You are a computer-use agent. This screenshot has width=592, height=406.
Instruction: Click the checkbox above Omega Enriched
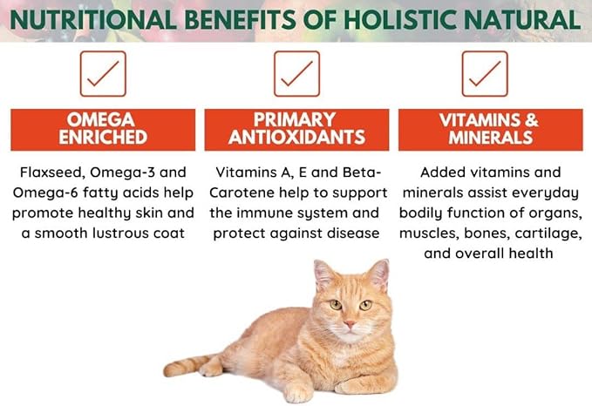104,73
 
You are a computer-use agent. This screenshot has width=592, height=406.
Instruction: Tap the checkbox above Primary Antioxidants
296,73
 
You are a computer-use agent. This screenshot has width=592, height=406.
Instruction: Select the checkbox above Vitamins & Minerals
485,73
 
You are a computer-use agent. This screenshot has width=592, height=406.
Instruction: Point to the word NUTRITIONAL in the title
97,18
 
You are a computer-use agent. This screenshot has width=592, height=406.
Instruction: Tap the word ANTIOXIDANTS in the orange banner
296,138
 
